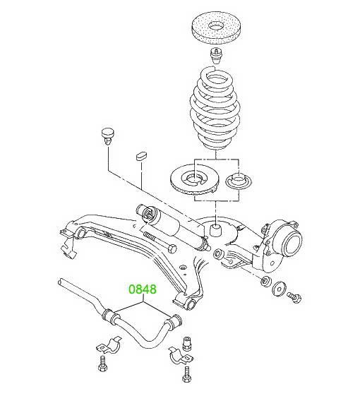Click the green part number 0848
pyautogui.click(x=143, y=289)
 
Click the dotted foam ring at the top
pyautogui.click(x=216, y=28)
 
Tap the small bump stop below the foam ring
pyautogui.click(x=215, y=56)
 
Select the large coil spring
pyautogui.click(x=214, y=109)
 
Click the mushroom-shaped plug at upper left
pyautogui.click(x=108, y=136)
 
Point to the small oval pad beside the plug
pyautogui.click(x=141, y=155)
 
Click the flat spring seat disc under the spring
pyautogui.click(x=194, y=179)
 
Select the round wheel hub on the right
pyautogui.click(x=292, y=244)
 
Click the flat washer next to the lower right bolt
pyautogui.click(x=280, y=288)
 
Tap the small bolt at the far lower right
pyautogui.click(x=294, y=296)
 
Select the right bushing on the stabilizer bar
pyautogui.click(x=174, y=322)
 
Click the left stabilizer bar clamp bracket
pyautogui.click(x=109, y=345)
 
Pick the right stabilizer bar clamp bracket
pyautogui.click(x=181, y=356)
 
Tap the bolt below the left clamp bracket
pyautogui.click(x=103, y=364)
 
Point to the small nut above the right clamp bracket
pyautogui.click(x=186, y=343)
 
